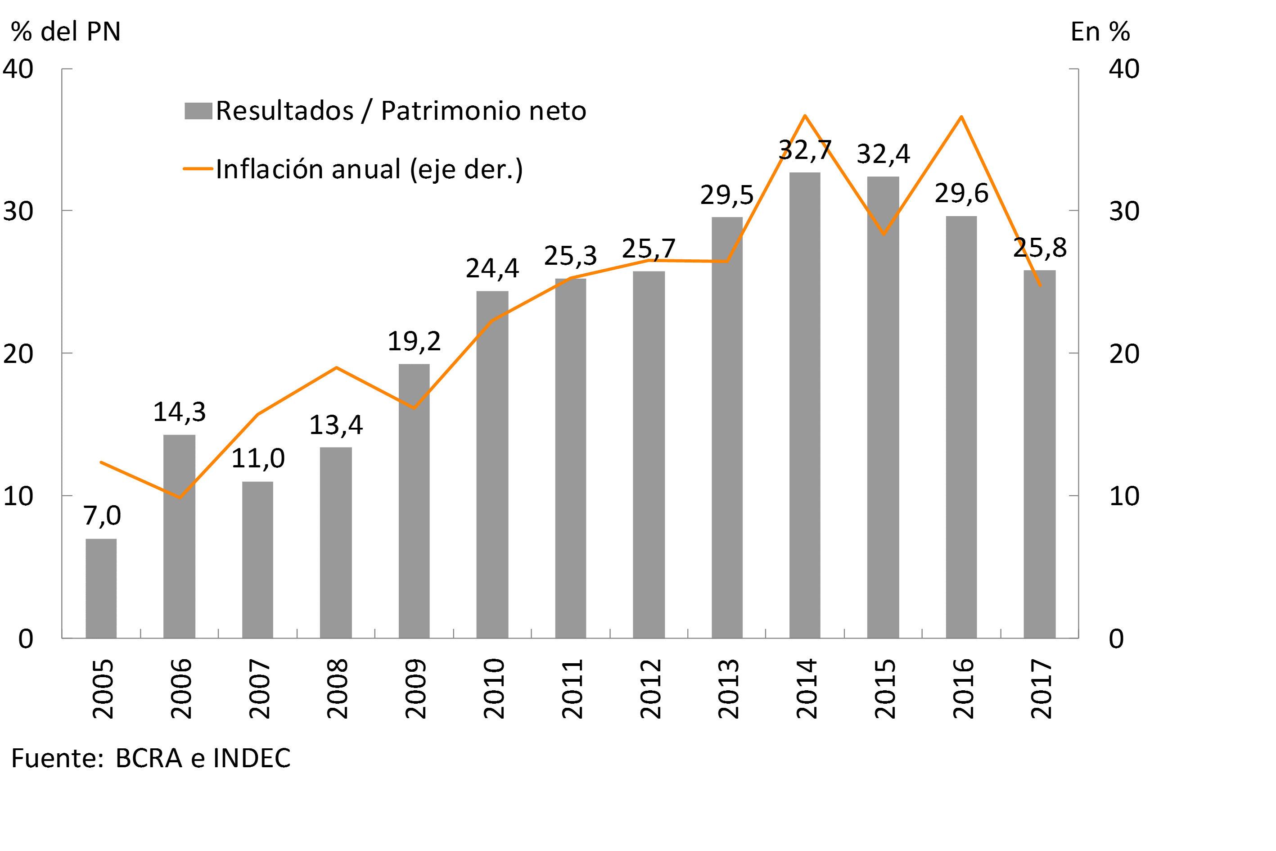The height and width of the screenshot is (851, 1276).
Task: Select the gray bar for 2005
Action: [x=101, y=588]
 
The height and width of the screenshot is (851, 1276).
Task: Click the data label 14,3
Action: [x=180, y=412]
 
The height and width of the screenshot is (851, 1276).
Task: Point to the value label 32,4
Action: [x=883, y=154]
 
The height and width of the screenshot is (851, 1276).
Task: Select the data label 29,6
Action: [x=961, y=193]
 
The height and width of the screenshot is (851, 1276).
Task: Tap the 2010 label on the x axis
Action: [x=494, y=689]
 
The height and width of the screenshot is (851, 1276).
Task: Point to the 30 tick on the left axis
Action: [x=18, y=211]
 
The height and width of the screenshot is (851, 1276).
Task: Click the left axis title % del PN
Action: [x=66, y=32]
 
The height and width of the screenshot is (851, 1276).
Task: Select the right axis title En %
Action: [x=1100, y=32]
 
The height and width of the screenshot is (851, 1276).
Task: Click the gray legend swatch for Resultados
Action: [x=198, y=111]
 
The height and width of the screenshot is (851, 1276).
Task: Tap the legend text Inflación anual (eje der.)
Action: [x=369, y=169]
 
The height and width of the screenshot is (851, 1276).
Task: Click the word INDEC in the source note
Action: [x=252, y=758]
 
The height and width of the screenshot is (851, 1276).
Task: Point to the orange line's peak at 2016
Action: [x=961, y=117]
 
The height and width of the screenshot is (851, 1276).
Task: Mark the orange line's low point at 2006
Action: [x=180, y=497]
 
